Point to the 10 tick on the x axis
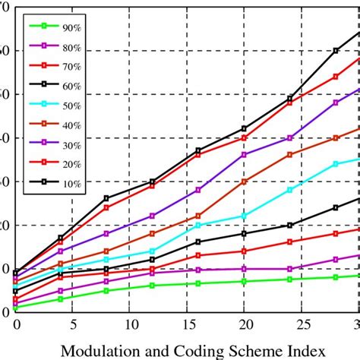pos(129,323)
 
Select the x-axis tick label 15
pos(187,323)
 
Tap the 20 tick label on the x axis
pos(244,323)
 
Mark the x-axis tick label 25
pos(302,323)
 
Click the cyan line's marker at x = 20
pos(244,216)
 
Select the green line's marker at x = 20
pos(244,281)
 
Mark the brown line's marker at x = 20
pos(244,182)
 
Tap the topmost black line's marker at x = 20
pos(244,128)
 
